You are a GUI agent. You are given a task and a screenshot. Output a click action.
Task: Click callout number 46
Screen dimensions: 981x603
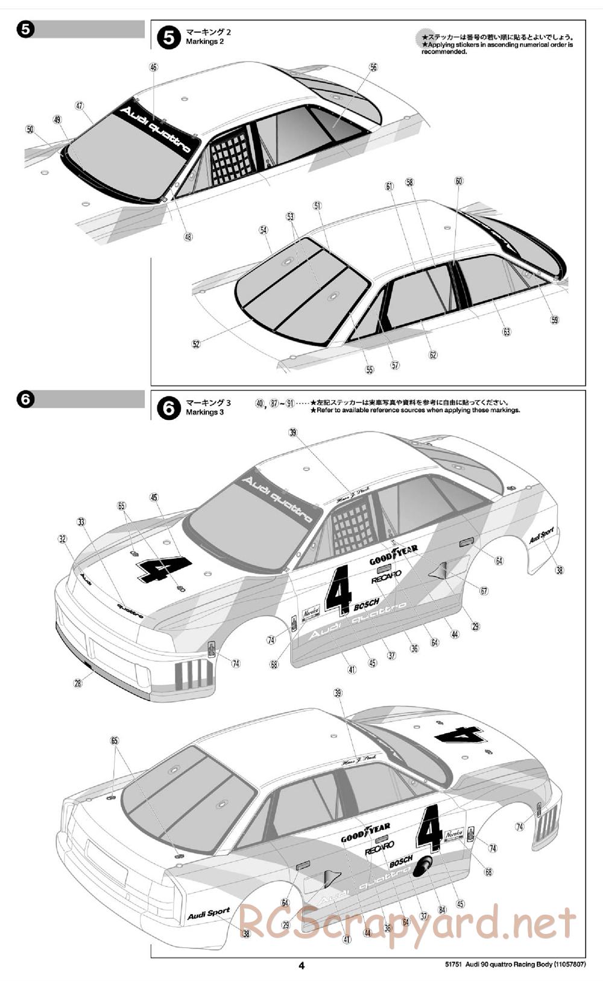click(153, 68)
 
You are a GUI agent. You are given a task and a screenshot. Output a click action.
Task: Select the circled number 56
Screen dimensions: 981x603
click(373, 68)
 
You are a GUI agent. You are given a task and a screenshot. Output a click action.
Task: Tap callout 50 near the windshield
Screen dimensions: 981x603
click(30, 129)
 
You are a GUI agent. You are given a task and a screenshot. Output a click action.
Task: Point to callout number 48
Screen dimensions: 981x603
click(188, 237)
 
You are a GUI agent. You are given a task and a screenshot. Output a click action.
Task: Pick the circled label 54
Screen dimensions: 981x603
click(264, 230)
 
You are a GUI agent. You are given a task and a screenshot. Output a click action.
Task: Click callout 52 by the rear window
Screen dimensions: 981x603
click(196, 344)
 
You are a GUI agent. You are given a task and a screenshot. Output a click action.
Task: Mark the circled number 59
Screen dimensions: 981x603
click(555, 320)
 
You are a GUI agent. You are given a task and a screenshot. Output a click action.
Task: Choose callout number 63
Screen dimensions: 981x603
click(507, 332)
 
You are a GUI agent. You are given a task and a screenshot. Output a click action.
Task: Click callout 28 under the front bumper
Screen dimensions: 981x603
click(78, 683)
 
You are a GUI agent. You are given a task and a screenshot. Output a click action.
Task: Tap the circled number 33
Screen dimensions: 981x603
click(81, 522)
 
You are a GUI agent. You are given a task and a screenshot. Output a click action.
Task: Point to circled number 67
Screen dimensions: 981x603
click(484, 591)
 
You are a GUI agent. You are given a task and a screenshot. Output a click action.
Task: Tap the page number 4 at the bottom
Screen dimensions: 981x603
click(301, 965)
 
